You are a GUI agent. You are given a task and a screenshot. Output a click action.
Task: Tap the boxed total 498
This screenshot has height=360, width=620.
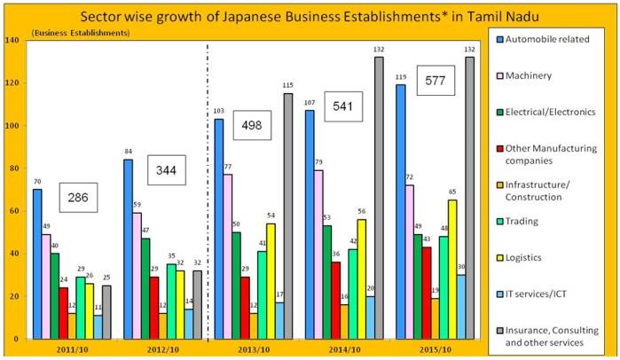tap(253, 125)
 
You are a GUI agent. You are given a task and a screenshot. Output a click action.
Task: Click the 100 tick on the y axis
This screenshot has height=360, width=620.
tap(12, 126)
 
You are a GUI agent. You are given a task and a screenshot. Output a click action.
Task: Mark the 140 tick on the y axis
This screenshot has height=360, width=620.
tap(12, 41)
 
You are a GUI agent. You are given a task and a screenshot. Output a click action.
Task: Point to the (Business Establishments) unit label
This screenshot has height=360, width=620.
tap(80, 33)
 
